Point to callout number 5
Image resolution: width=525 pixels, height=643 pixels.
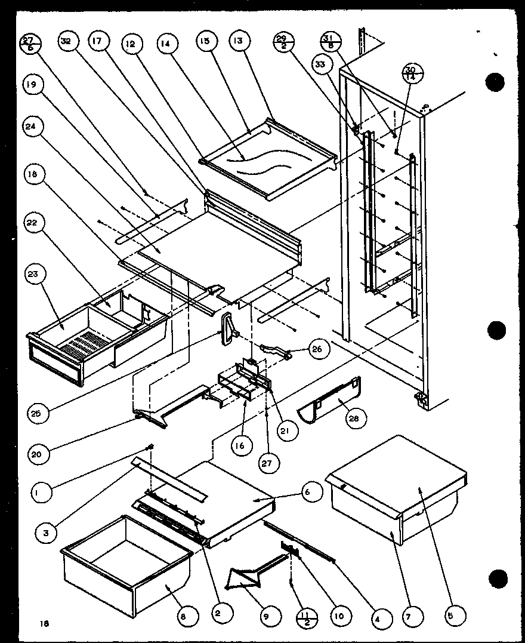456,614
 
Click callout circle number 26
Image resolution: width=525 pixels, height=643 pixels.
316,349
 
